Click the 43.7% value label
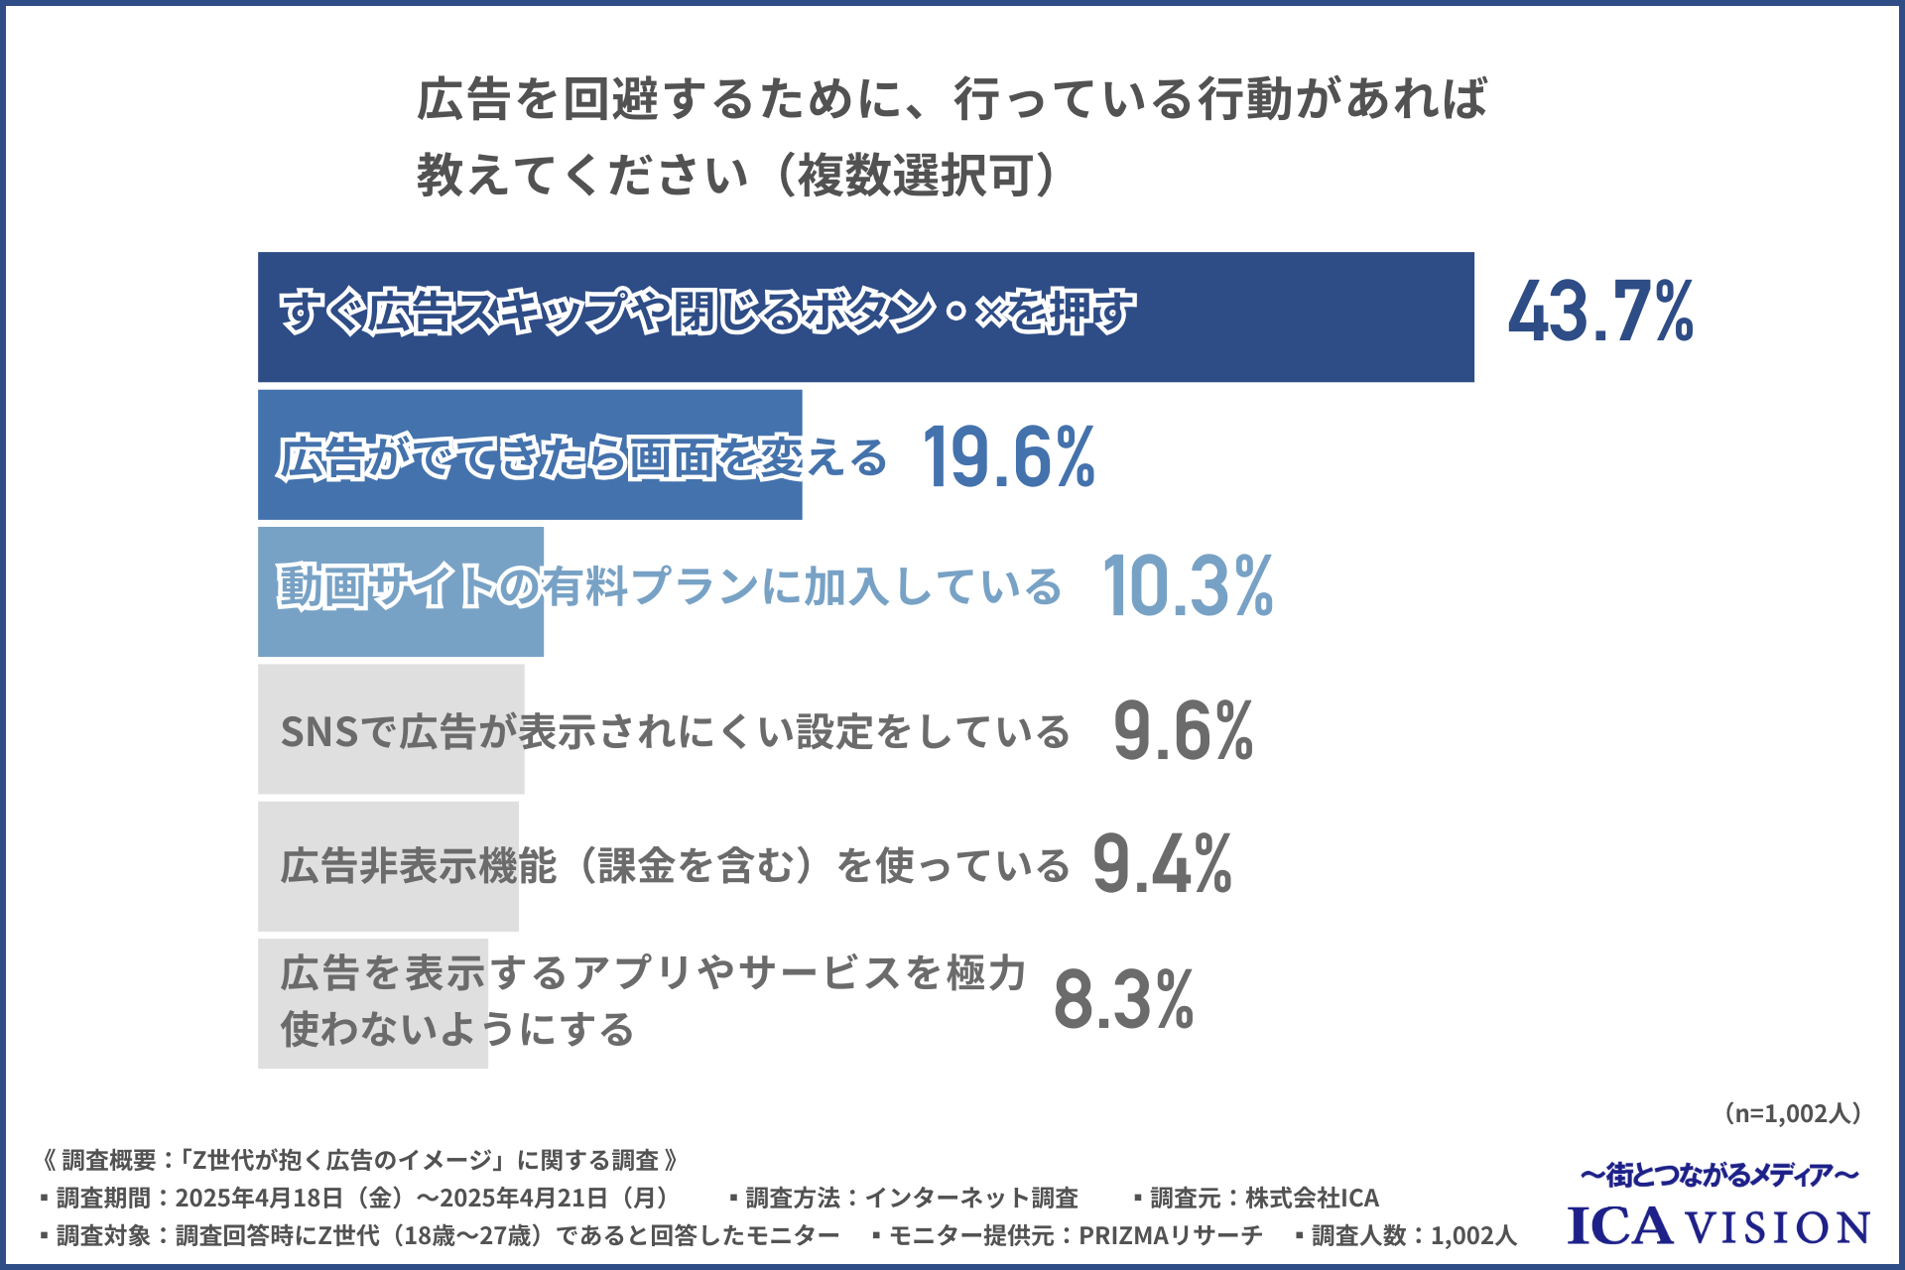[x=1599, y=312]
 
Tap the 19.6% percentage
[x=1008, y=456]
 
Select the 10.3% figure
[x=1188, y=586]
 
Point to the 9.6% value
[x=1183, y=731]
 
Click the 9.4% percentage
[x=1162, y=865]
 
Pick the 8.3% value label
[x=1123, y=999]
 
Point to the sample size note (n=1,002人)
[x=1792, y=1113]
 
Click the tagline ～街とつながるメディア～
[x=1718, y=1176]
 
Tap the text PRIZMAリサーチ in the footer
[x=1171, y=1235]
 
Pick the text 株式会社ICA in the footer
[x=1312, y=1198]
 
